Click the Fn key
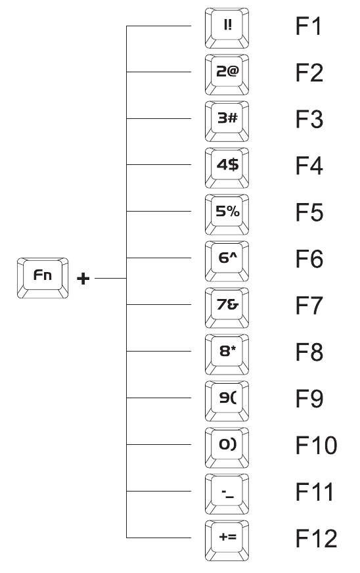43,278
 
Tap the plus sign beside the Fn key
83,279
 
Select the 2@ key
227,74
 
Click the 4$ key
227,168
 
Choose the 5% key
227,214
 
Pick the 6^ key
227,261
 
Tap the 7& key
227,308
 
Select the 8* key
227,354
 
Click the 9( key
227,401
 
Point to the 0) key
227,447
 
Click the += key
227,541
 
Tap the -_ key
227,494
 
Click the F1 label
309,26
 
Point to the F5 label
309,213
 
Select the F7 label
309,306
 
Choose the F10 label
316,446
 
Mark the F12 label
316,539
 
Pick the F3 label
309,120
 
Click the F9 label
309,399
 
